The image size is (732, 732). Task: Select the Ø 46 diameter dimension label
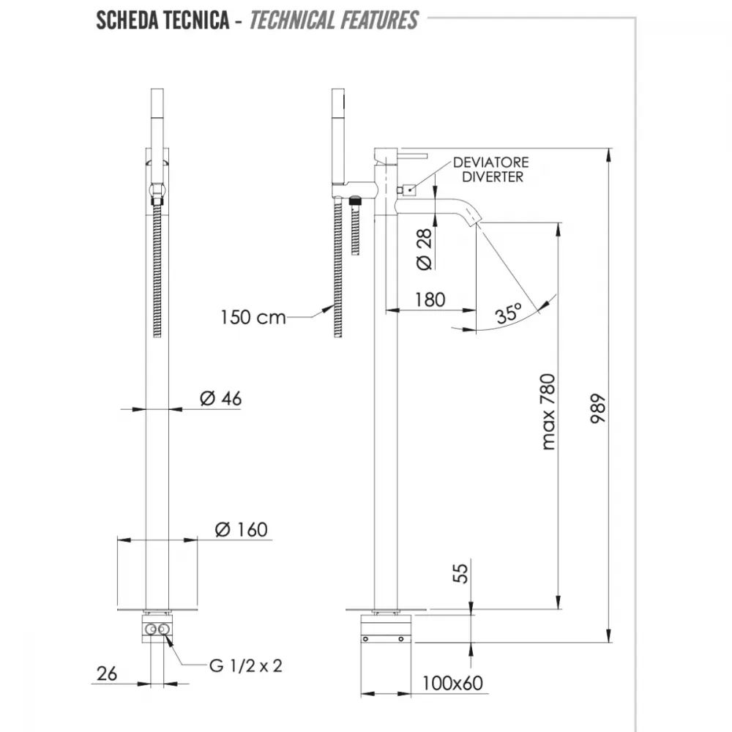point(220,398)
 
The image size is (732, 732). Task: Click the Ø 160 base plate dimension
point(241,529)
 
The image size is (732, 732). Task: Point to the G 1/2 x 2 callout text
point(246,665)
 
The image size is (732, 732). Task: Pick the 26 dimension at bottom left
point(106,673)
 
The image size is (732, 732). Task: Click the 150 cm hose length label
point(253,318)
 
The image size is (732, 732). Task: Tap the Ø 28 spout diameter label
point(424,250)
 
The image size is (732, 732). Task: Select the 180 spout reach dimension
point(430,299)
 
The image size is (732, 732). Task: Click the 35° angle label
point(509,313)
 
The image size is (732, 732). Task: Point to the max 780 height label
point(548,411)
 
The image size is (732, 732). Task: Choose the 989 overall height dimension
point(597,408)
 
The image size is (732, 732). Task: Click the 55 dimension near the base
point(460,573)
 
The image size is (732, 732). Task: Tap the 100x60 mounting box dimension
point(452,683)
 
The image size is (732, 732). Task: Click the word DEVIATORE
point(490,163)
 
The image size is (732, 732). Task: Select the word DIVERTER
point(493,177)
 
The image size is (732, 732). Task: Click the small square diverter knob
point(409,190)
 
